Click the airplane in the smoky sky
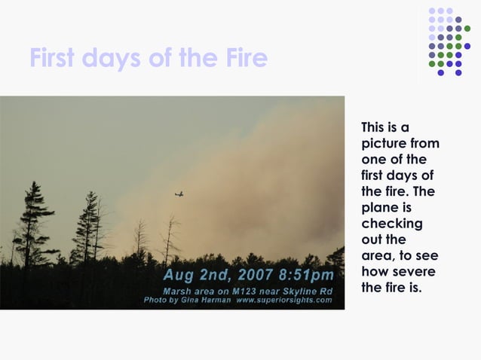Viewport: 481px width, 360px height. coord(179,194)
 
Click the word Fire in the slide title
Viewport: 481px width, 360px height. coord(243,58)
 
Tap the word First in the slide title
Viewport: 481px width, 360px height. coord(58,58)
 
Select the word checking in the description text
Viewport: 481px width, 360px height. coord(392,224)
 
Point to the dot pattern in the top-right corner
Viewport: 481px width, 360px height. coord(448,41)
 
